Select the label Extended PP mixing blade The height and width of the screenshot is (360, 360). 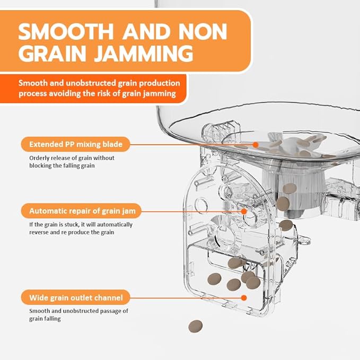pyautogui.click(x=75, y=144)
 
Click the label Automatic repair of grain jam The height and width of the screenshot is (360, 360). pyautogui.click(x=82, y=210)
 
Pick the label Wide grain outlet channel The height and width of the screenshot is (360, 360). pyautogui.click(x=76, y=297)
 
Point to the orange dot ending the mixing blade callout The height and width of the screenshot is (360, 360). pyautogui.click(x=255, y=144)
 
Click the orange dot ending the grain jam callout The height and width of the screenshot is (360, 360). pyautogui.click(x=244, y=210)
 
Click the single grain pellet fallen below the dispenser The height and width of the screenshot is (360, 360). pyautogui.click(x=196, y=326)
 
